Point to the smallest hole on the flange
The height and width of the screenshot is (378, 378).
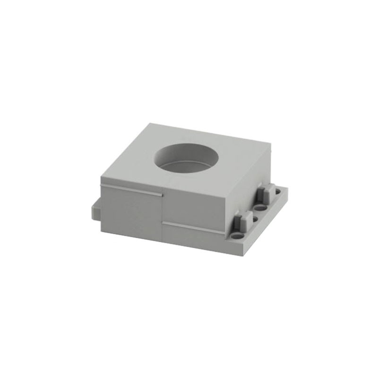256,219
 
